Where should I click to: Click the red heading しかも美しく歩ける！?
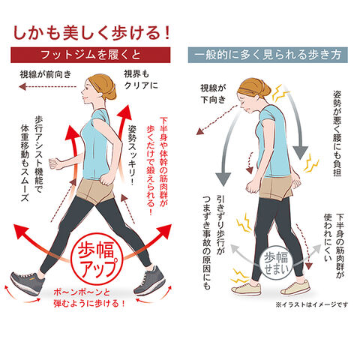click(91, 33)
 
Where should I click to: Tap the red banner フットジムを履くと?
click(91, 55)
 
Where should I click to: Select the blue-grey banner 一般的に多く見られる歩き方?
click(268, 55)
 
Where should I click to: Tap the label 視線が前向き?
click(46, 74)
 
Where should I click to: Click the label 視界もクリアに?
click(141, 79)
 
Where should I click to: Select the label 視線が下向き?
click(213, 94)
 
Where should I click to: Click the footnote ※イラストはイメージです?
click(311, 304)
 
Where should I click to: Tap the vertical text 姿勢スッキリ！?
click(132, 154)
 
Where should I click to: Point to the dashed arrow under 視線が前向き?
click(47, 87)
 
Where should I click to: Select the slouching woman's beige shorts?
click(276, 187)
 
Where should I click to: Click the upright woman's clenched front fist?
click(55, 163)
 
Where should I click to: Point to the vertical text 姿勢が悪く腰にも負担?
click(337, 133)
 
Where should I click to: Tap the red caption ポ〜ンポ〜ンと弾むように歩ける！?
click(89, 298)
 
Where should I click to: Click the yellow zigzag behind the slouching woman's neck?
click(280, 93)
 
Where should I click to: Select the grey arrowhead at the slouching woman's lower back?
click(300, 152)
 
